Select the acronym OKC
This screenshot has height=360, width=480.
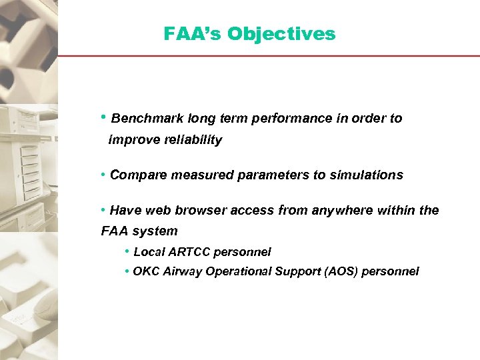pos(145,271)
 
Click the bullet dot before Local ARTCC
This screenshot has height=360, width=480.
pos(127,251)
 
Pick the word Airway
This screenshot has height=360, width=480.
pos(182,271)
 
